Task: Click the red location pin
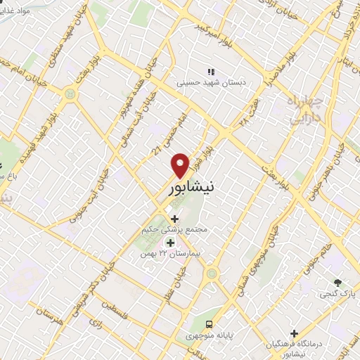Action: click(x=181, y=165)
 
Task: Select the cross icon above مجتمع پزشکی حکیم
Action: click(x=174, y=219)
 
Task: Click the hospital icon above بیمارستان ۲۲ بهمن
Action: click(x=169, y=243)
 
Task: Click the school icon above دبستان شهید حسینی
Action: click(x=210, y=72)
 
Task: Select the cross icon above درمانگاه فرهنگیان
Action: click(x=295, y=333)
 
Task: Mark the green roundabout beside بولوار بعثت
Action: click(x=69, y=92)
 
